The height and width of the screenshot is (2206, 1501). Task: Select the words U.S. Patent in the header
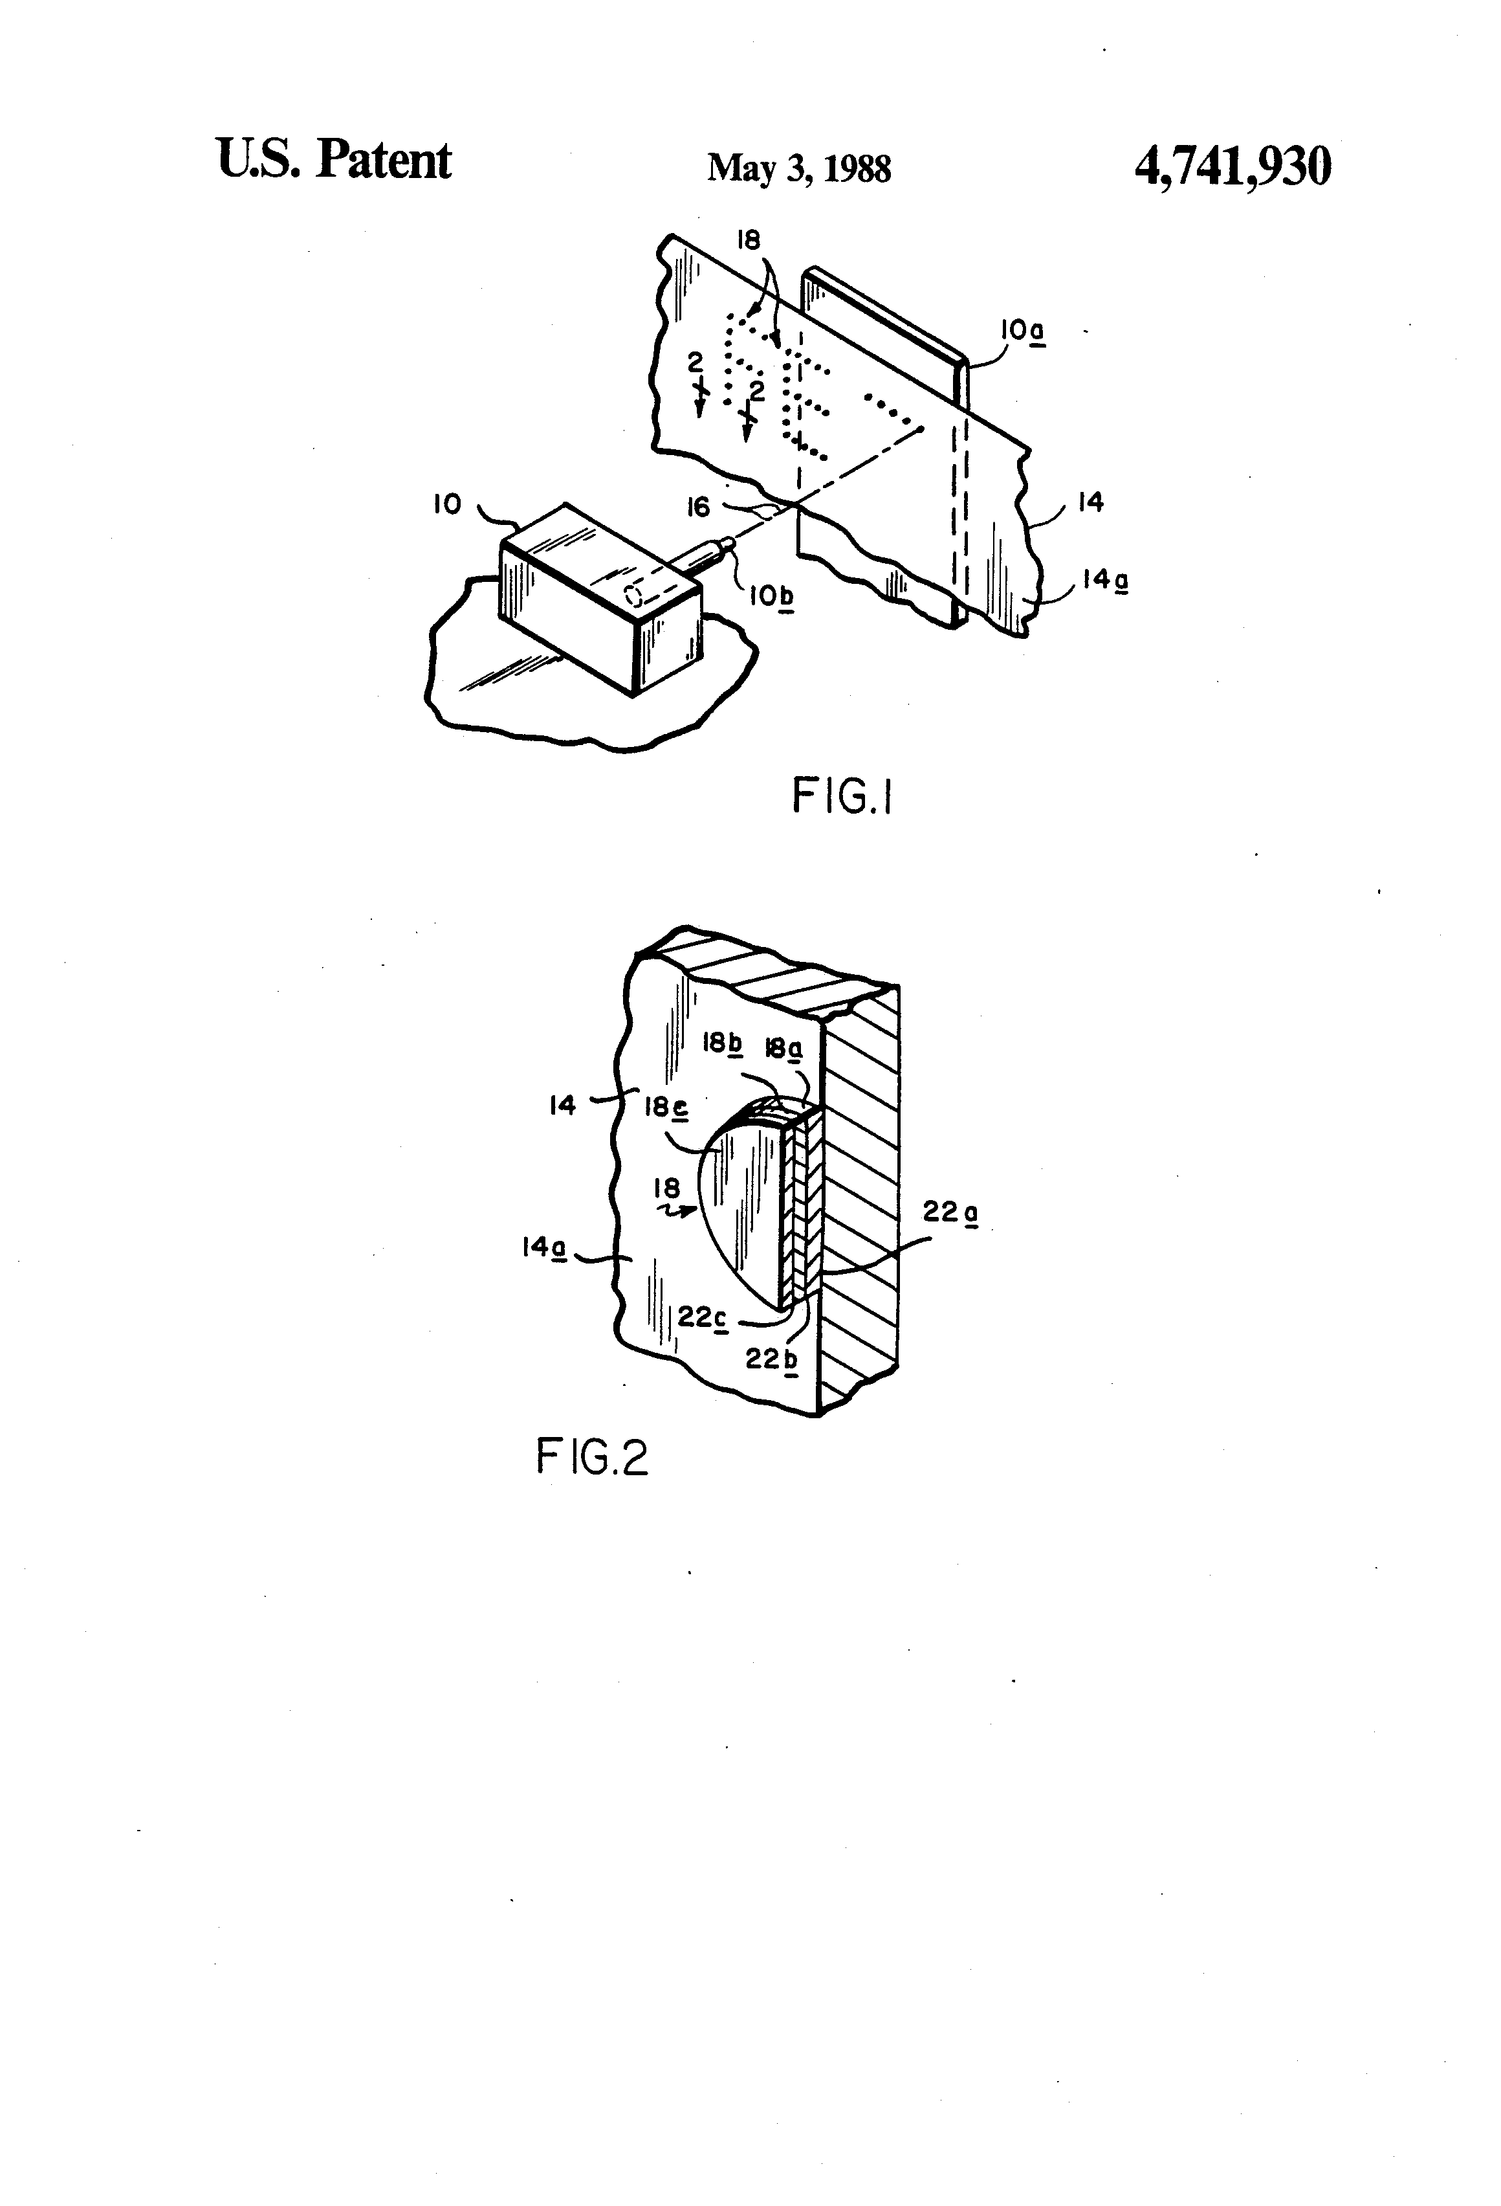[334, 159]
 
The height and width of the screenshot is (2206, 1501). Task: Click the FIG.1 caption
[842, 798]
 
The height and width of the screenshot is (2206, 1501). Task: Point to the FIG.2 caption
[592, 1456]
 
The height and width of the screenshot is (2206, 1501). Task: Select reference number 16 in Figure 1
[698, 508]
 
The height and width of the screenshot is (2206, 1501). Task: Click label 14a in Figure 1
[1104, 579]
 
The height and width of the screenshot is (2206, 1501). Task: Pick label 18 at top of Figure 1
[749, 240]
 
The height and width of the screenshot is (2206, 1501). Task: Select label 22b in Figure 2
[771, 1359]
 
